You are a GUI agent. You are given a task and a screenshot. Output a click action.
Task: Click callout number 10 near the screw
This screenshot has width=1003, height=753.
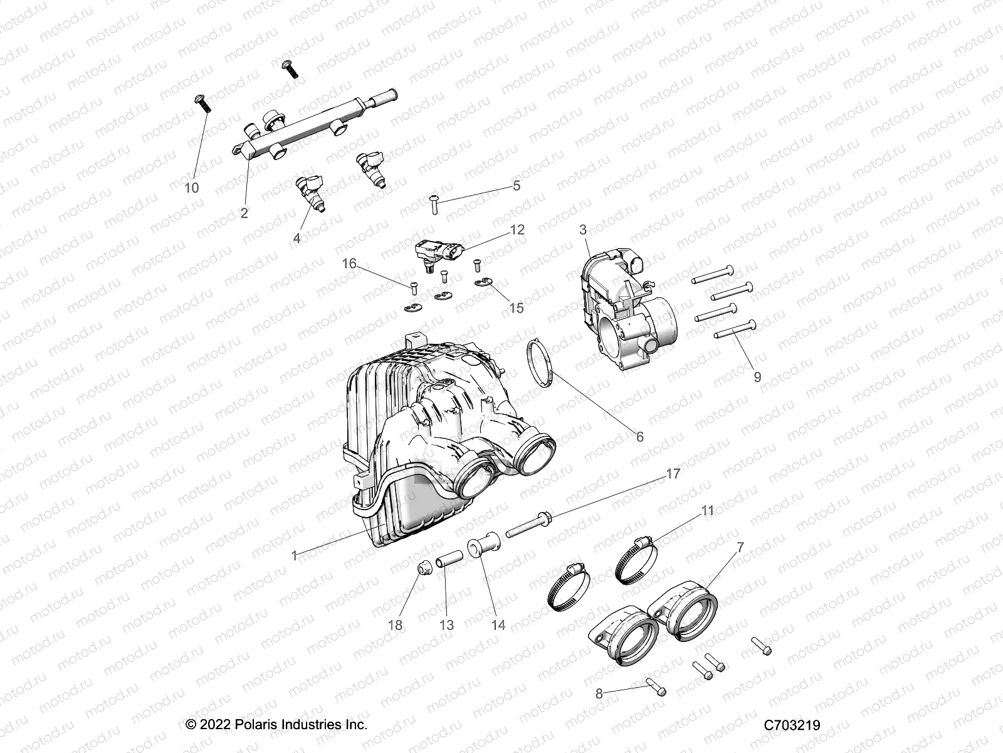[192, 188]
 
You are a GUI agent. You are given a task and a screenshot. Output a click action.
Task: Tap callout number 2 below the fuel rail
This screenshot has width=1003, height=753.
[244, 213]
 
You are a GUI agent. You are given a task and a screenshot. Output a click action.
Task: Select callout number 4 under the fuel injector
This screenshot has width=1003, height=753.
[297, 238]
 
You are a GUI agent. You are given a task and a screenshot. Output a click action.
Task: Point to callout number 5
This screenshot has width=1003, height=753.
[517, 186]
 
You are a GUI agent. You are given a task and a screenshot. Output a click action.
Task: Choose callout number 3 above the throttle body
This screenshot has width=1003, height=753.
[583, 230]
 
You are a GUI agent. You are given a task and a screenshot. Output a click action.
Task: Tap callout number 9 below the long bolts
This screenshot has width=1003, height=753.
[757, 376]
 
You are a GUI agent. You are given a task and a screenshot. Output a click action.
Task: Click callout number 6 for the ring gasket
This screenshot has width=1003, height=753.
[639, 436]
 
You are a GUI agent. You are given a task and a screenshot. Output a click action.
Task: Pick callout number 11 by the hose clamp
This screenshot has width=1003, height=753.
[708, 511]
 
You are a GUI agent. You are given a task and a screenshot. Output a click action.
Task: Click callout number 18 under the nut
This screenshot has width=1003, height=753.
[413, 626]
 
